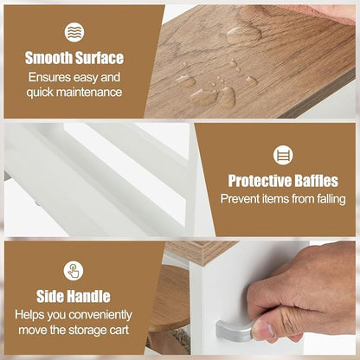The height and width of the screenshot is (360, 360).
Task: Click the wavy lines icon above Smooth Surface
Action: [x=74, y=32]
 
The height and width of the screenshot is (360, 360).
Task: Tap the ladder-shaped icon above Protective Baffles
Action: [x=283, y=155]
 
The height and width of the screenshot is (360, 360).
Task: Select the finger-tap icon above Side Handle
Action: [x=74, y=271]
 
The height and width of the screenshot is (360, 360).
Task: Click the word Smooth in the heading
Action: [x=48, y=58]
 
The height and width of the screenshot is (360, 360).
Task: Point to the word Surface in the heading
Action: [x=100, y=58]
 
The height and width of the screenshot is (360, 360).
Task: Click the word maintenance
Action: [x=89, y=93]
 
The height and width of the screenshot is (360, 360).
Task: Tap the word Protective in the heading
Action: [x=255, y=181]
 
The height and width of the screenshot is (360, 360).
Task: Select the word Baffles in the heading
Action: [x=312, y=181]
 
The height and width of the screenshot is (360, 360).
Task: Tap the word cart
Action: [x=119, y=330]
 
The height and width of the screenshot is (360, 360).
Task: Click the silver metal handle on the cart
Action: [x=235, y=331]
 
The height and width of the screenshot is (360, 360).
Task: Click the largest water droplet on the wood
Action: [x=244, y=36]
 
